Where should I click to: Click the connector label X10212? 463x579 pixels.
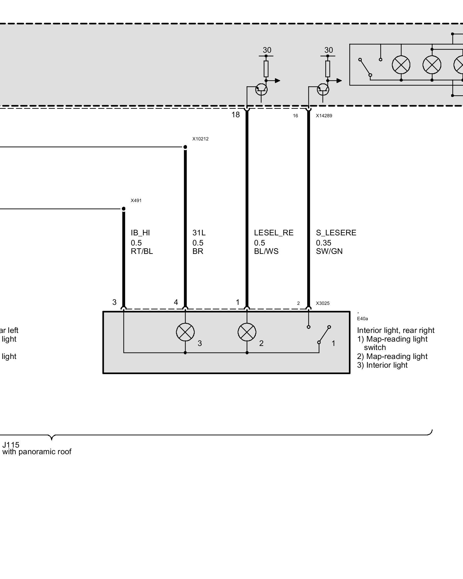(200, 139)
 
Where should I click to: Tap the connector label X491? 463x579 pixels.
(136, 201)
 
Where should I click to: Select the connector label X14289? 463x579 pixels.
(324, 116)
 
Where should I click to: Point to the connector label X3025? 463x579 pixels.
(323, 303)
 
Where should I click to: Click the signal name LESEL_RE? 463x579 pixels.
(273, 233)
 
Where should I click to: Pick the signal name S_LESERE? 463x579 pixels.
(336, 233)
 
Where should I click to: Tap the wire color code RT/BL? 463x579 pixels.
(142, 251)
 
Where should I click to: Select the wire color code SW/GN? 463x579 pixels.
(329, 251)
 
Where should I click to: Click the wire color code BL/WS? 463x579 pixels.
(266, 251)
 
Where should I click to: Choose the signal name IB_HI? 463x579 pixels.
(140, 233)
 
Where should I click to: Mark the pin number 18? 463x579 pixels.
(236, 115)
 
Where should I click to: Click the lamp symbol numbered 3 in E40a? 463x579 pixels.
(185, 332)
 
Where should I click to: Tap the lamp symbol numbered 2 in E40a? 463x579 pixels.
(247, 332)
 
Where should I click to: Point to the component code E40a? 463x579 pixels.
(362, 319)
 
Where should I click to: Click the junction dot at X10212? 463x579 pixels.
(185, 147)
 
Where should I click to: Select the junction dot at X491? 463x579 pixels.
(124, 209)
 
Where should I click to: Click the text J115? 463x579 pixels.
(11, 445)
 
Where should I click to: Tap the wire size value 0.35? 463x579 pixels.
(324, 243)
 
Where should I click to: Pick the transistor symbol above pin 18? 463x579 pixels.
(261, 89)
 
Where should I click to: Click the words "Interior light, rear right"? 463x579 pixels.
(396, 330)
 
